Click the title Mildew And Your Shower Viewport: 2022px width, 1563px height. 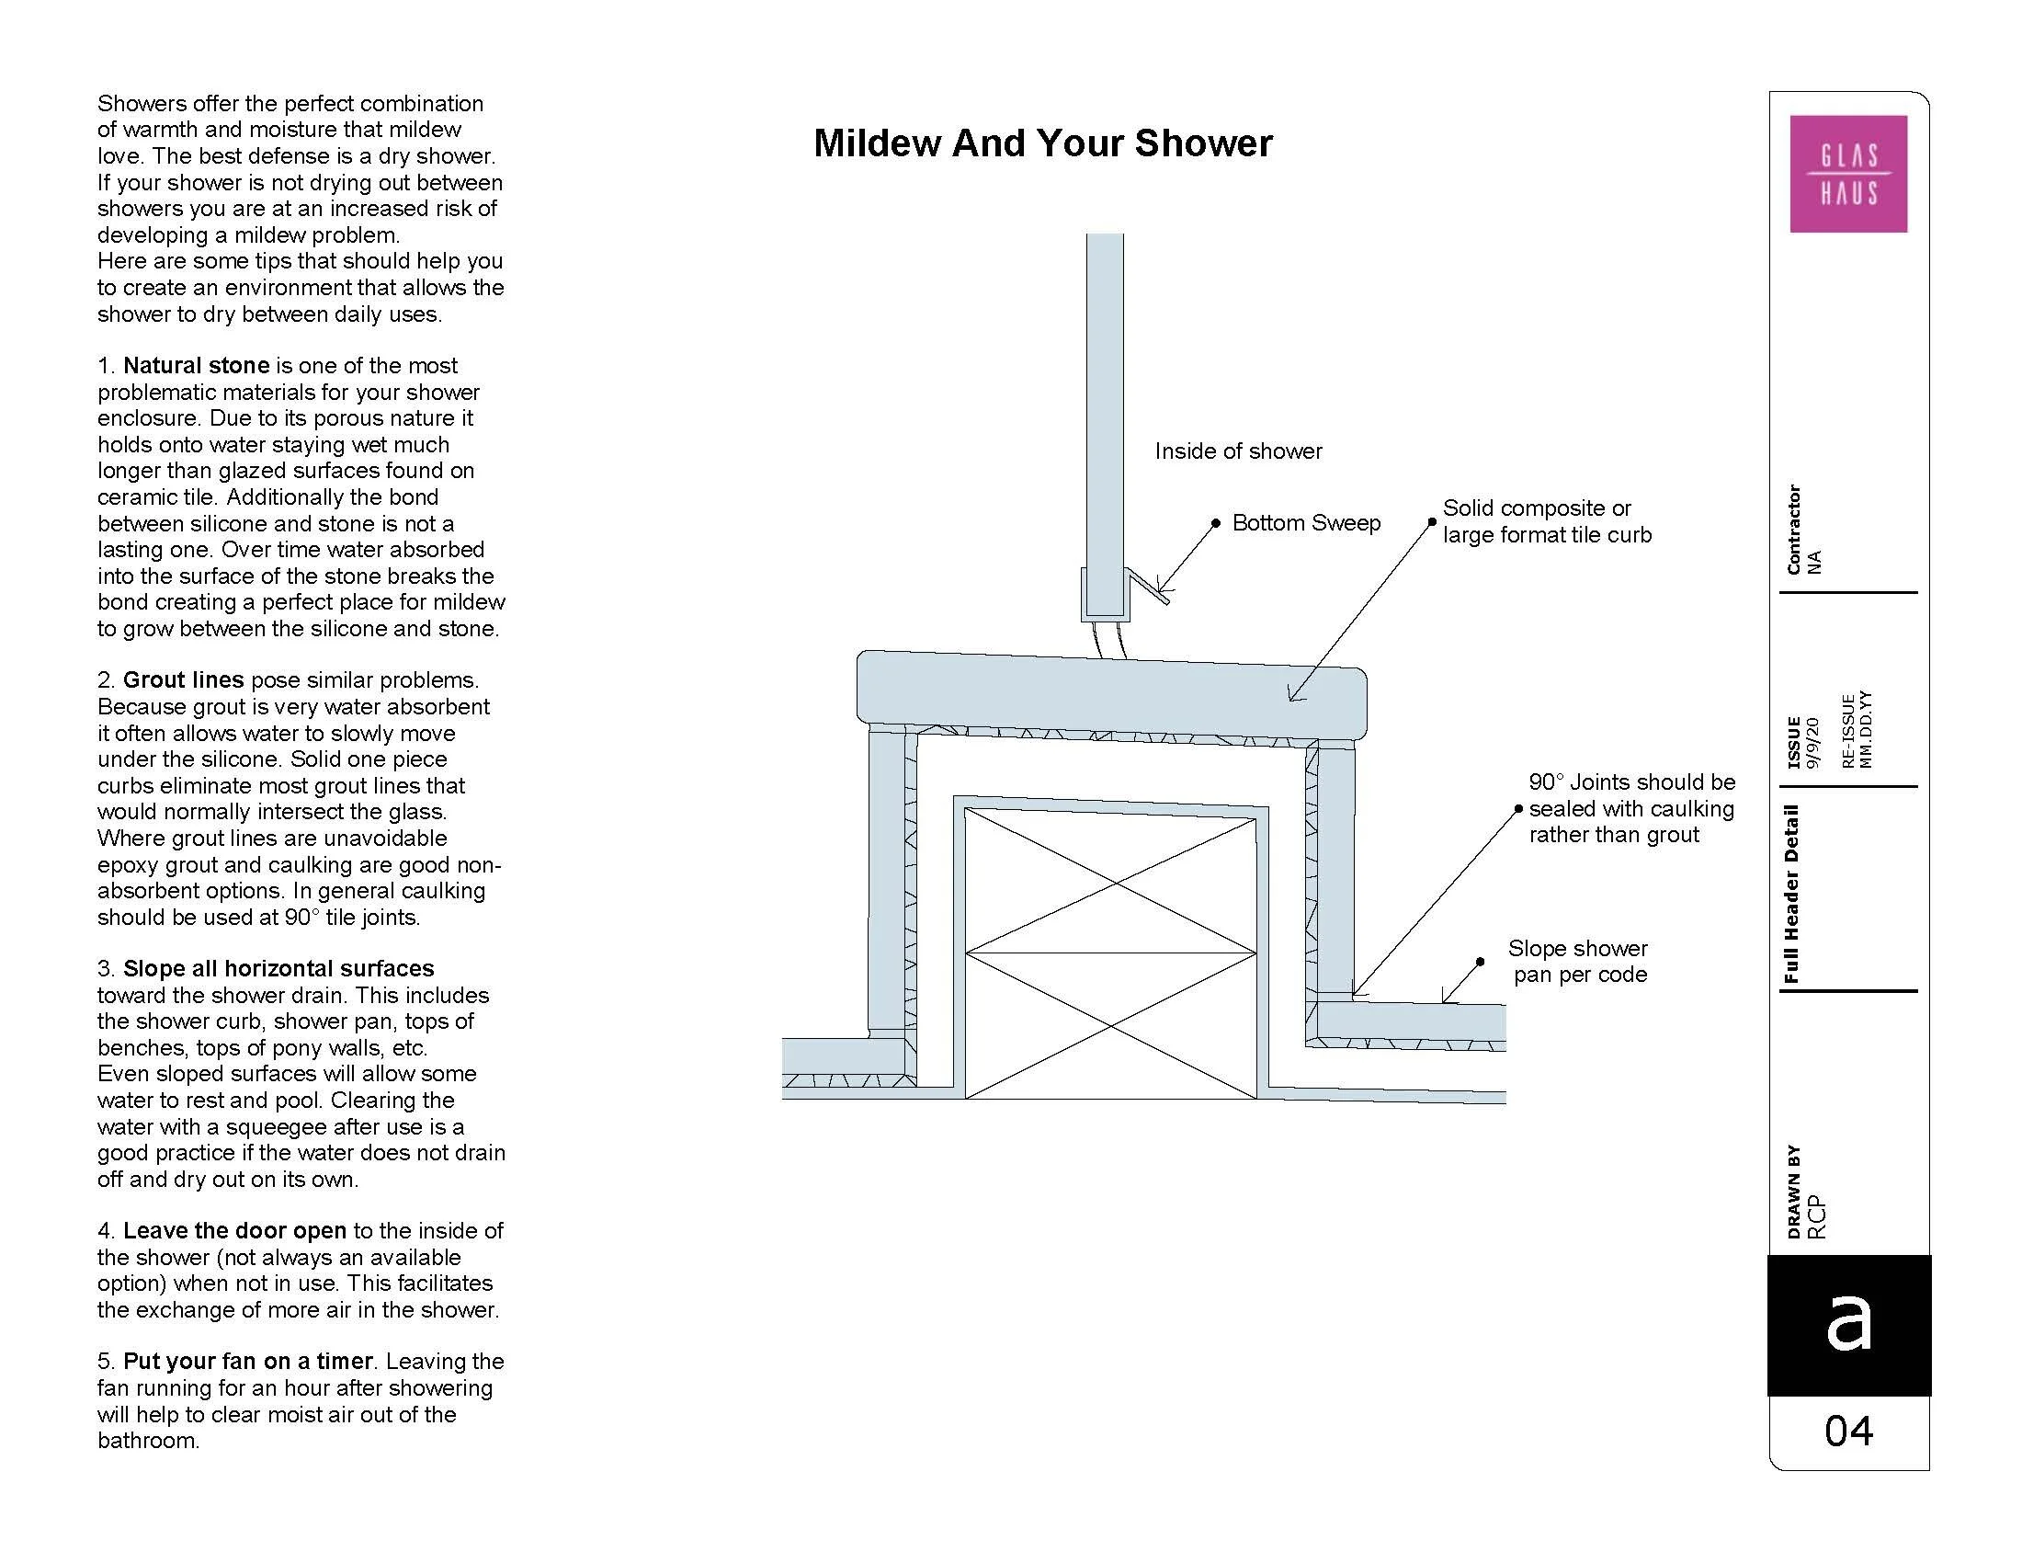point(1042,143)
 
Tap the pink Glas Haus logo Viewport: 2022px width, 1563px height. point(1848,174)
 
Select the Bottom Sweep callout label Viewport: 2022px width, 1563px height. point(1305,523)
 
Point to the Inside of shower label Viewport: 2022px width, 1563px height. point(1238,451)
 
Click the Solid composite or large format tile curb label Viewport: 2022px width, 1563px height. point(1546,521)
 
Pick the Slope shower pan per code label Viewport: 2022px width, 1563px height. point(1578,961)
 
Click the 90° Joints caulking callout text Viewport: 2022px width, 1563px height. point(1631,808)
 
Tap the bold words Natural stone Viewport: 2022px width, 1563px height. point(197,366)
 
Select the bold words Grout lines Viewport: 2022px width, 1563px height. point(183,680)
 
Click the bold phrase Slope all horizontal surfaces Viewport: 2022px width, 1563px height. point(278,968)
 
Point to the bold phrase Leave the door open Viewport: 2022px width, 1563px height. point(234,1230)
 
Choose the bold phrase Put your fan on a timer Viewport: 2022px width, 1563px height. point(248,1361)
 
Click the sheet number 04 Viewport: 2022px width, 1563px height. point(1849,1432)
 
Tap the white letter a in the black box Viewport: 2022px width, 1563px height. point(1848,1322)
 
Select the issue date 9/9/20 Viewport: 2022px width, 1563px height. point(1812,743)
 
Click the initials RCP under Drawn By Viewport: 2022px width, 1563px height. point(1816,1216)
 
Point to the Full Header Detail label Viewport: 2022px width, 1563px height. point(1792,894)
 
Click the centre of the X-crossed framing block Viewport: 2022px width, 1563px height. point(1111,953)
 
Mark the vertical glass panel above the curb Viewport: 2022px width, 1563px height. point(1105,426)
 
